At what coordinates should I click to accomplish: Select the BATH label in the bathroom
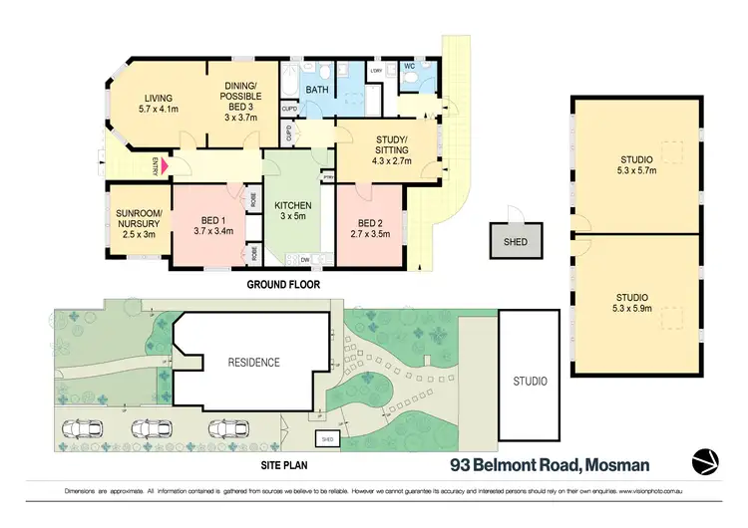[317, 90]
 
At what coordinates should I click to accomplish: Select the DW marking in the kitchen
[304, 261]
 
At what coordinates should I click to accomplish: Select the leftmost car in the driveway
[84, 430]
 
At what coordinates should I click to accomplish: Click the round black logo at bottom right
[706, 463]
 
